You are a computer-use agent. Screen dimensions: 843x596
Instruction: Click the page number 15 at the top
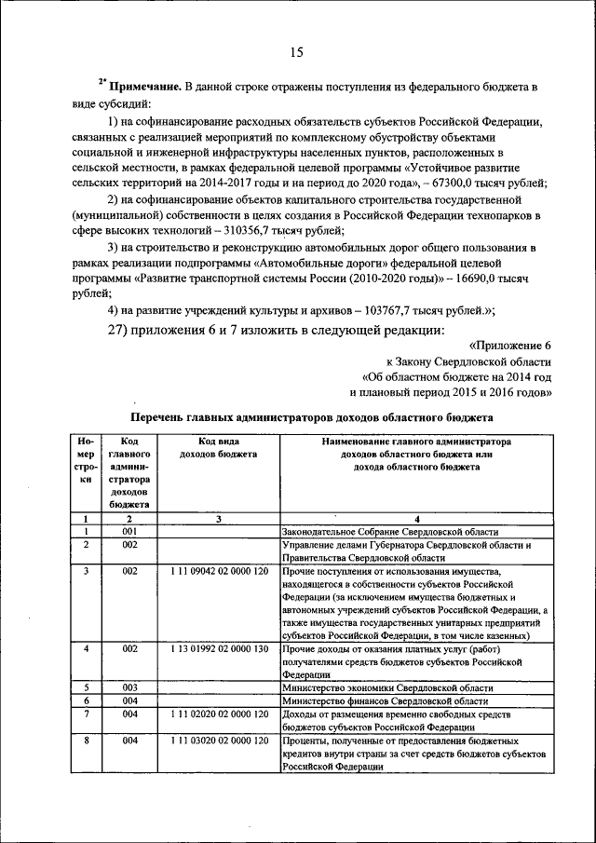[296, 52]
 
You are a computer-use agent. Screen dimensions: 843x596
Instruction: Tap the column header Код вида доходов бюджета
[219, 448]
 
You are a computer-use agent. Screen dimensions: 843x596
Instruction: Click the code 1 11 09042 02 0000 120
[219, 570]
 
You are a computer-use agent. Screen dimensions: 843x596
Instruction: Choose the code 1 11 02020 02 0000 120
[219, 714]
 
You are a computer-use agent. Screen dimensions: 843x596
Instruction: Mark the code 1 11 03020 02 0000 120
[219, 740]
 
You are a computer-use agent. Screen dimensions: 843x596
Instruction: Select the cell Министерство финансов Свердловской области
[385, 700]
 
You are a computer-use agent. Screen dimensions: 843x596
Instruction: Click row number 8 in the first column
[86, 740]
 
